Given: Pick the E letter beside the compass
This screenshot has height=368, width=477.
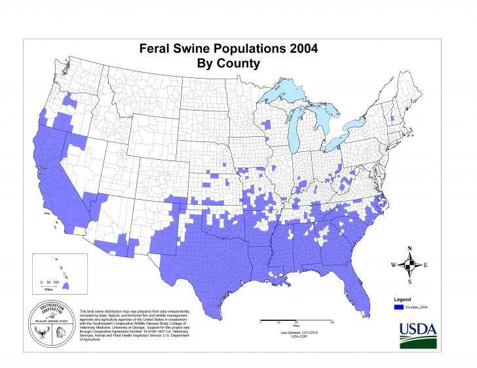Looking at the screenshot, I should point(427,265).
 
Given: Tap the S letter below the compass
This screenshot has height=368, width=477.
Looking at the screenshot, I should point(410,282).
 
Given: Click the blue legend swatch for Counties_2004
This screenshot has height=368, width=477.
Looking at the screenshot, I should point(398,306).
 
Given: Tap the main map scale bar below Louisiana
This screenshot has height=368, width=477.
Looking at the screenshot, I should point(296,322).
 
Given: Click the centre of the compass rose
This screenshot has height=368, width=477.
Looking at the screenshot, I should point(410,265).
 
